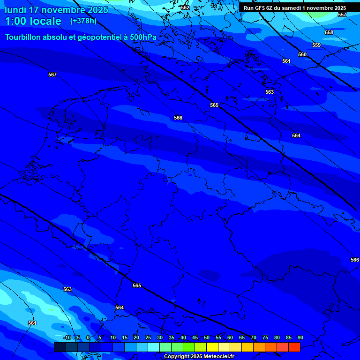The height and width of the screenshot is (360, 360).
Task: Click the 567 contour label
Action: [52, 75]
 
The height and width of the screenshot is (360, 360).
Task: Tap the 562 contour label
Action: [185, 7]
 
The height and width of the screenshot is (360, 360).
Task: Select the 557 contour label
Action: [342, 15]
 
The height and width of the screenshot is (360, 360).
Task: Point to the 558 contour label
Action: [329, 32]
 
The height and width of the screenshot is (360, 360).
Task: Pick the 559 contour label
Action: [316, 45]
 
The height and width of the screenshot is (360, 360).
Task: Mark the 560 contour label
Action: [302, 54]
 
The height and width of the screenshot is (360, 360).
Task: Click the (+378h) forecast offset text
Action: [83, 21]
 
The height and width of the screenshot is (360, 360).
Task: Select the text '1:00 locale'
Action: [33, 21]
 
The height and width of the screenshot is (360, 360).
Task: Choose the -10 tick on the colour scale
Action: [67, 337]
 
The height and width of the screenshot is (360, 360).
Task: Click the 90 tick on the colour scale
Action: [300, 337]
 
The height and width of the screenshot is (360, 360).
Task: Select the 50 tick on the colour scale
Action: [206, 337]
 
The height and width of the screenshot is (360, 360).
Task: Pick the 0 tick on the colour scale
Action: [88, 337]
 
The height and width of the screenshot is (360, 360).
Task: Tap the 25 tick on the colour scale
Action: [148, 337]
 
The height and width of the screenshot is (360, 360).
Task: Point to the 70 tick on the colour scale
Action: [253, 337]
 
